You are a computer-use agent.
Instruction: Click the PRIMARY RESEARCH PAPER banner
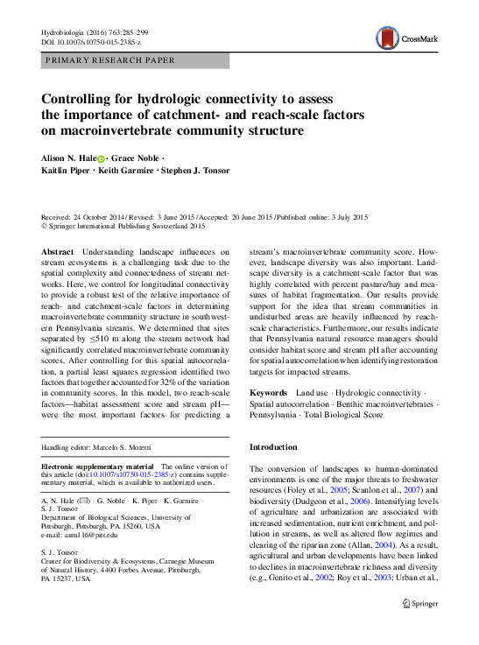[109, 60]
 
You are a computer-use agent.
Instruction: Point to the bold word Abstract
[59, 252]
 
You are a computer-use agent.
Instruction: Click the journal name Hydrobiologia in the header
[67, 32]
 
